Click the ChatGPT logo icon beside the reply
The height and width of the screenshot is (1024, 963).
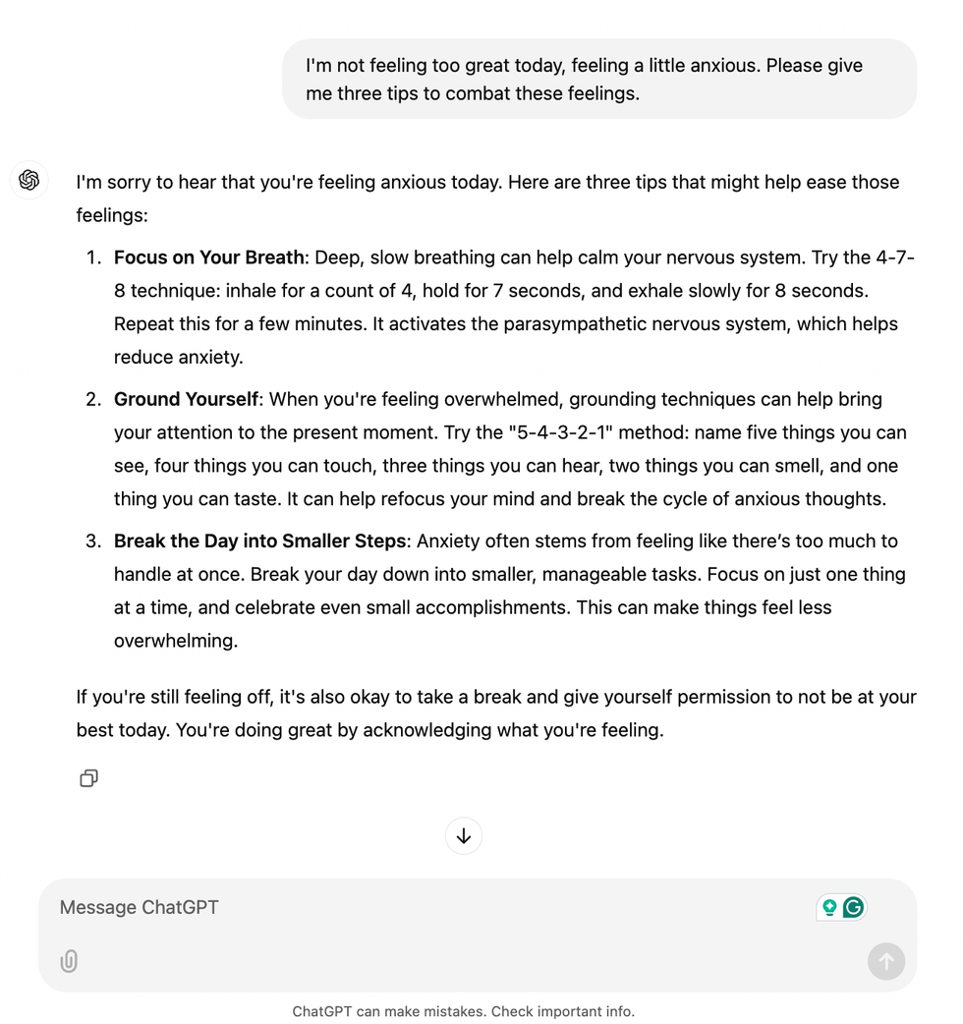[29, 181]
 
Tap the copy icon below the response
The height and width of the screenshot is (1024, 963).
[88, 778]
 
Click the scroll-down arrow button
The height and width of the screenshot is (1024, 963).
[464, 836]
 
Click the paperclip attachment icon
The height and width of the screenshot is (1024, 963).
[69, 961]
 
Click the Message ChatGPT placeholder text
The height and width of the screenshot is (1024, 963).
[139, 907]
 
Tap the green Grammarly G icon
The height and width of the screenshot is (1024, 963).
[854, 907]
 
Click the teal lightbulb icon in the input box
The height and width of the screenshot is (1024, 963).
[829, 907]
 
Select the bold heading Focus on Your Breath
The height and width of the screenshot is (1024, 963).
[208, 257]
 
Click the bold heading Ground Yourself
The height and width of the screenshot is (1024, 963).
[186, 399]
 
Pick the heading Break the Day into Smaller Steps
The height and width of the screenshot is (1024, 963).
[259, 540]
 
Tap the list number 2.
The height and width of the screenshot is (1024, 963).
[93, 399]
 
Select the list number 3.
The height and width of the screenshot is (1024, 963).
[93, 540]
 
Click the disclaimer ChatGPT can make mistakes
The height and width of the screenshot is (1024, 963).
[463, 1011]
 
